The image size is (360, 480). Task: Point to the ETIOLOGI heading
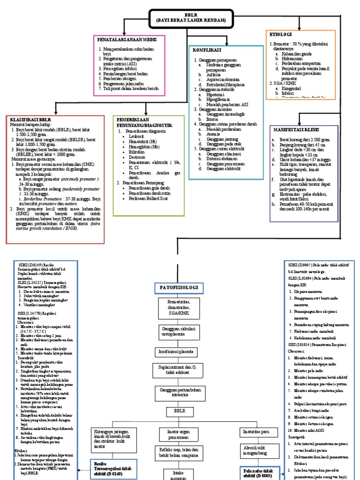coord(281,35)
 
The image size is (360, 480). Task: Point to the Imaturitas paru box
coord(255,430)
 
